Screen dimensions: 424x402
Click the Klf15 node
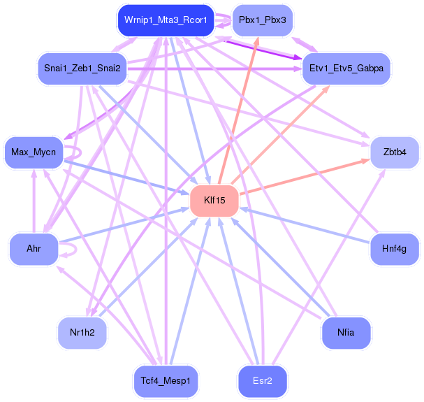coord(214,201)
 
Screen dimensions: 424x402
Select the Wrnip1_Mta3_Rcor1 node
coord(166,20)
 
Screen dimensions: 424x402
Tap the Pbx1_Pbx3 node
coord(263,20)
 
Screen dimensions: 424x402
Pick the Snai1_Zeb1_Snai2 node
coord(82,69)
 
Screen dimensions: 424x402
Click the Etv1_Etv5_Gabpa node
coord(346,69)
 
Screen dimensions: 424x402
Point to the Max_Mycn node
coord(34,152)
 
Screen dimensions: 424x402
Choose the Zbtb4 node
coord(395,152)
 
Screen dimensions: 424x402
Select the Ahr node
coord(34,249)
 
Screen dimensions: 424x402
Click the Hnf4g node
coord(394,249)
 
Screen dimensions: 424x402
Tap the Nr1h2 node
coord(82,333)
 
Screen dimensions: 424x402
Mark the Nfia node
coord(346,333)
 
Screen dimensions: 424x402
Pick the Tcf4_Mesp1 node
coord(166,381)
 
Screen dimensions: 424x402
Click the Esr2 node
coord(263,381)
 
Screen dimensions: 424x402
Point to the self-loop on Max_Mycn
coord(80,152)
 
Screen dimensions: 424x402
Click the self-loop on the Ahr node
coord(76,249)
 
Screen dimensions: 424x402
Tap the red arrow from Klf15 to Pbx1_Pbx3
coord(238,111)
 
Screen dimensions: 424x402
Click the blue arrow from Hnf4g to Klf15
coord(305,225)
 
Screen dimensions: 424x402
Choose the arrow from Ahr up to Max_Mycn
coord(34,201)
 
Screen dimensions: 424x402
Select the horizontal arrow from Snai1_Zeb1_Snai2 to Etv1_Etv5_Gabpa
coord(214,69)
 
